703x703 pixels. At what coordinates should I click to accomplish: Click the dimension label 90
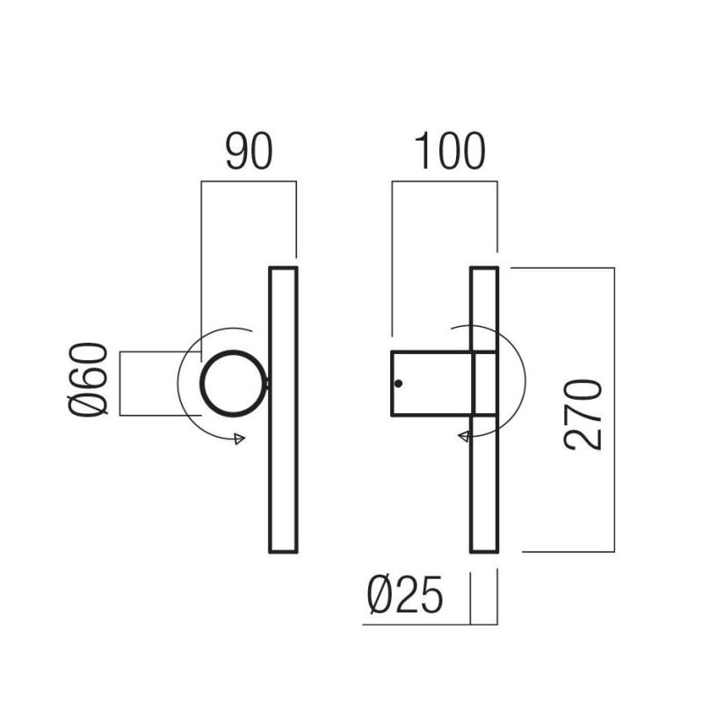(x=249, y=152)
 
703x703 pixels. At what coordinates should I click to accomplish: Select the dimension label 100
(x=449, y=152)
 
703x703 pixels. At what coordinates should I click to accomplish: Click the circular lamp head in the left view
(x=232, y=383)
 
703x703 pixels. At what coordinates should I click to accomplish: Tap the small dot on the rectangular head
(x=399, y=384)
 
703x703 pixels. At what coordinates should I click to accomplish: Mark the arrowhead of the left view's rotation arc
(x=237, y=439)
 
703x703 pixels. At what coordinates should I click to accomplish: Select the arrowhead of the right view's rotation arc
(x=460, y=436)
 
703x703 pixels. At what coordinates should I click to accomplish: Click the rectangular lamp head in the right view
(x=431, y=383)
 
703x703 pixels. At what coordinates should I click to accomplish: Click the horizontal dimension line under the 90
(x=249, y=182)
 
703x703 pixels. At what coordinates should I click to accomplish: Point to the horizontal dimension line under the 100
(x=445, y=182)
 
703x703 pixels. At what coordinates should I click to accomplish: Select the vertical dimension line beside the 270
(x=613, y=409)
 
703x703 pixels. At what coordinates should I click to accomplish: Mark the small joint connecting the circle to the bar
(x=265, y=383)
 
